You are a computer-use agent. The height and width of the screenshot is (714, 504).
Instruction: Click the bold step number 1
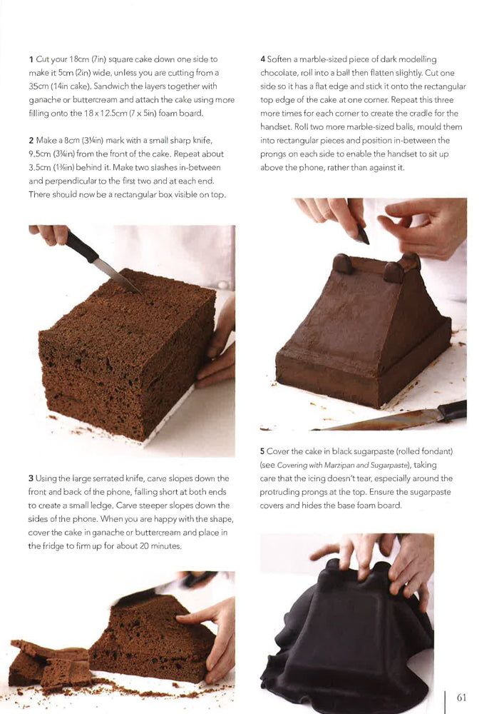[31, 59]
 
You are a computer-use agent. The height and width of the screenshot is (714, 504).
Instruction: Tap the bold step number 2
[31, 141]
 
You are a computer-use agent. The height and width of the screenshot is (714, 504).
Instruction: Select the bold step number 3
[31, 478]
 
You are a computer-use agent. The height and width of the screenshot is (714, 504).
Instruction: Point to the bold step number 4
[263, 59]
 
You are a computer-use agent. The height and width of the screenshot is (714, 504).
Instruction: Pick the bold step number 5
[263, 451]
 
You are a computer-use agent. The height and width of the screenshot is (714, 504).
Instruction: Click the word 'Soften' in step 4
[283, 59]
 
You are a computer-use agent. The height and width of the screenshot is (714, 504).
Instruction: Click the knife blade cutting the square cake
[114, 274]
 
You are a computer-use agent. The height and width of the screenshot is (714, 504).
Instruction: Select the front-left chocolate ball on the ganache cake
[343, 263]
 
